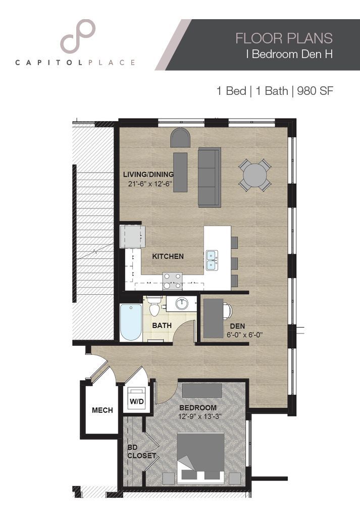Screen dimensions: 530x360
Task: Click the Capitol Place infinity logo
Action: click(x=77, y=36)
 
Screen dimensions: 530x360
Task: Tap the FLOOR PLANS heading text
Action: click(x=284, y=38)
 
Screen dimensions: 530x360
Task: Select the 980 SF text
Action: click(x=316, y=91)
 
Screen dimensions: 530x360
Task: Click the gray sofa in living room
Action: click(x=210, y=177)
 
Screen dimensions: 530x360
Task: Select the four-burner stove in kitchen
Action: click(x=172, y=280)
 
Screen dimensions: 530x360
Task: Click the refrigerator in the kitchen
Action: click(x=132, y=236)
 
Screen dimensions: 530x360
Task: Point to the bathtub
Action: click(x=131, y=323)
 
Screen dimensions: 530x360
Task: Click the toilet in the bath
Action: click(x=155, y=307)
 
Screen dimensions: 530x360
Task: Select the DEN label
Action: click(x=237, y=326)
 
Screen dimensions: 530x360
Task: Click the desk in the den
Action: click(x=213, y=319)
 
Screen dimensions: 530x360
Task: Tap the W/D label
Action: click(x=136, y=401)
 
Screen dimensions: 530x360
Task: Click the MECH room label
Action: click(x=102, y=410)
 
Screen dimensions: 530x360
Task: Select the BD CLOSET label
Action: click(x=141, y=451)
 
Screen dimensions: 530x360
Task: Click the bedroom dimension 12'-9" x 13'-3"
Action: click(x=200, y=416)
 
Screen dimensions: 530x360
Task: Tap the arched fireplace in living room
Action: click(x=180, y=137)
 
